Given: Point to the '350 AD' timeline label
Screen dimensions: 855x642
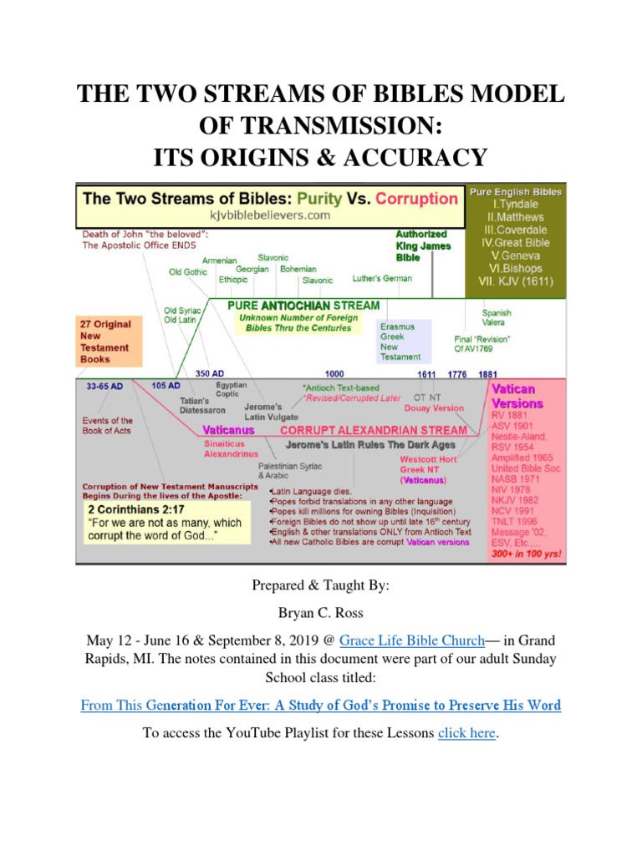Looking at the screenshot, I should (x=210, y=373).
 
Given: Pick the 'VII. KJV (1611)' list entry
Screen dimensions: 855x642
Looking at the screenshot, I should (x=516, y=281).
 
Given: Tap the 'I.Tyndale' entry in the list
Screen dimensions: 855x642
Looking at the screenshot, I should (x=515, y=205).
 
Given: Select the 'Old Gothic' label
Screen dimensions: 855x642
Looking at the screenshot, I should (x=187, y=272).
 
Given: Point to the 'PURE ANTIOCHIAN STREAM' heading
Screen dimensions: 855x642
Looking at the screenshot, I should (x=303, y=306).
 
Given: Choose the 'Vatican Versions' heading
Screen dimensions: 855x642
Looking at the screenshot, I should (x=518, y=397).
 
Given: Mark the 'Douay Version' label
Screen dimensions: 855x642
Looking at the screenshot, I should (x=434, y=408).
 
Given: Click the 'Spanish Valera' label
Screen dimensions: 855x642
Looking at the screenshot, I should (x=497, y=317).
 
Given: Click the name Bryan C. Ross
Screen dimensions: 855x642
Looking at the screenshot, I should (x=321, y=613).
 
